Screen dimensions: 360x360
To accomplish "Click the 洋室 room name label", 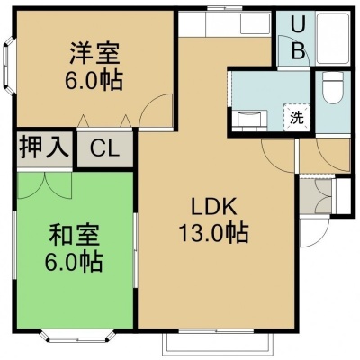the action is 94,54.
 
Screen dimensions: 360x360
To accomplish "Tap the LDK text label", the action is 214,206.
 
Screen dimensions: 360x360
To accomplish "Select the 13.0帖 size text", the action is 213,232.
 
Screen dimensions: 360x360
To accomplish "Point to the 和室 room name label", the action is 74,235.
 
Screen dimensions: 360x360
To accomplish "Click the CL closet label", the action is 104,148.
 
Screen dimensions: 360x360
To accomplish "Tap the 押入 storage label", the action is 44,148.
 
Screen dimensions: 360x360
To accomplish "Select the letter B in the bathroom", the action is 298,50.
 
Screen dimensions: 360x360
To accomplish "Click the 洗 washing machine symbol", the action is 297,118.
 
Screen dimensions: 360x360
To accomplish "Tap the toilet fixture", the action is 332,88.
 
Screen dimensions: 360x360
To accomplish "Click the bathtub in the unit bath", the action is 333,38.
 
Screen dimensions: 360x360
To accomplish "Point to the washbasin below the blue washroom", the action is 252,119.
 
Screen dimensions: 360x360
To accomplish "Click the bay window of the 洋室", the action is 9,66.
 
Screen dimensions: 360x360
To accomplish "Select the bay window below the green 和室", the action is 77,336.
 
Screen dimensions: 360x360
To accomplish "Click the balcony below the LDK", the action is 218,345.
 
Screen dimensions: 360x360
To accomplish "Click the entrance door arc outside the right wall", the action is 314,231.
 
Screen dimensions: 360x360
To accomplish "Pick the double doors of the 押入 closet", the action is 45,185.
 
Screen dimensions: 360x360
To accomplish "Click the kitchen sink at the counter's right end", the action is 255,23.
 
